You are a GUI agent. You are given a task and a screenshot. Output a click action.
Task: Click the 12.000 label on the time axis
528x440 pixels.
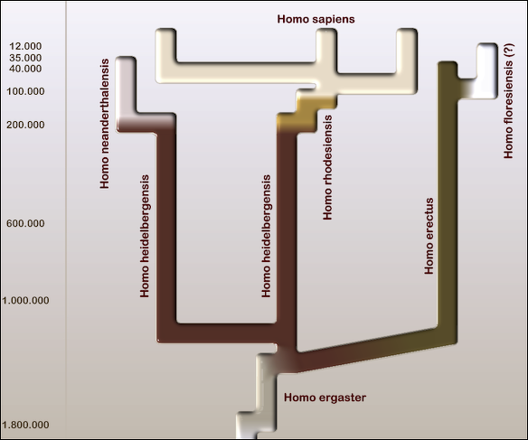click(25, 46)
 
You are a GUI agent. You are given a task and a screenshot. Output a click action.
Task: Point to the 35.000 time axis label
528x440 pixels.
click(25, 58)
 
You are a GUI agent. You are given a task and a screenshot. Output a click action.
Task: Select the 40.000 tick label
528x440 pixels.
click(25, 69)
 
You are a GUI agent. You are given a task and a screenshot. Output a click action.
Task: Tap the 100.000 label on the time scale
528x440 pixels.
click(25, 91)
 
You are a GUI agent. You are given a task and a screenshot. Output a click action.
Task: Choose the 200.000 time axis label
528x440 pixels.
click(25, 125)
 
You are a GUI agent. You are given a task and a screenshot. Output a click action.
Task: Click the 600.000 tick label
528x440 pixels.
click(25, 223)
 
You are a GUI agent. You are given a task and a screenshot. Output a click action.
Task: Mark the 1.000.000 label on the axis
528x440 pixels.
click(25, 300)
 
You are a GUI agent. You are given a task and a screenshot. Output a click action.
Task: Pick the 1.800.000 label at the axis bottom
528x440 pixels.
click(25, 425)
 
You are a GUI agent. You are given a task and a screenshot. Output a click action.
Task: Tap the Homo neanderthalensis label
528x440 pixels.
click(105, 124)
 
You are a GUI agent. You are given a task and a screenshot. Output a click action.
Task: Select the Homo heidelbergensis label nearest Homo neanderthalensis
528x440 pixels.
click(145, 236)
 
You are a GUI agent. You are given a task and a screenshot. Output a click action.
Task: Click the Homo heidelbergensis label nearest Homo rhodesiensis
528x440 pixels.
click(266, 236)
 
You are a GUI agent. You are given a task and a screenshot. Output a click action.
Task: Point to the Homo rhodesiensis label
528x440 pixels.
click(327, 167)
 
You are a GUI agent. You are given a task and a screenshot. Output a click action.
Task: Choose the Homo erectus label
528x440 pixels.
click(429, 236)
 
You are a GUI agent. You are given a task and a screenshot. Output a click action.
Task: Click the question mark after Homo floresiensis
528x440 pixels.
click(508, 50)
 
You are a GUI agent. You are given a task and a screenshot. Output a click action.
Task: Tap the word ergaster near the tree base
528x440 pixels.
click(342, 398)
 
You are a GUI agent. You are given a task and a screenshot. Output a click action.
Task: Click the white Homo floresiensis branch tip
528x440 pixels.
click(487, 70)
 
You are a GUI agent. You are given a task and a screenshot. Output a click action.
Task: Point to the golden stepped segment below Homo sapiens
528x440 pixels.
click(306, 112)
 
